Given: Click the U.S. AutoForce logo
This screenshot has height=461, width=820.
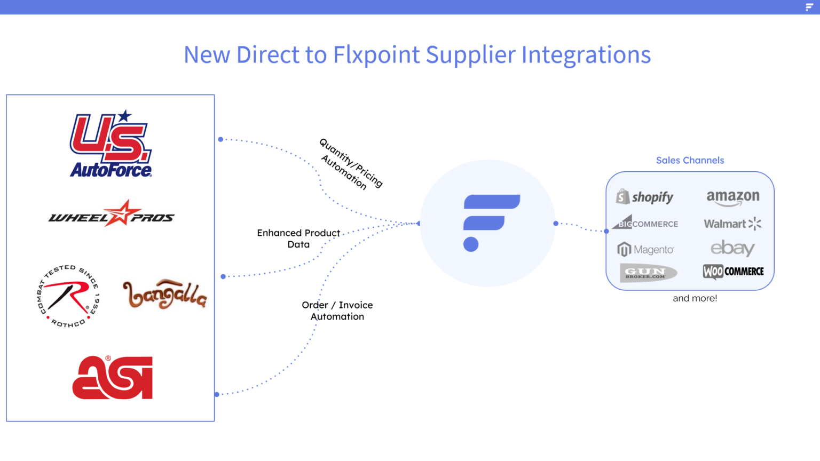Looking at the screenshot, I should [x=111, y=144].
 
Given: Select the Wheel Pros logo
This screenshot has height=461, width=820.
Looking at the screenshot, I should [x=112, y=214].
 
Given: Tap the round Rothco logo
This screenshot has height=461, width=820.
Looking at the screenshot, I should [x=68, y=296].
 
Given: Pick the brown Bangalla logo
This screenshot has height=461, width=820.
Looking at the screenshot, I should [x=164, y=294].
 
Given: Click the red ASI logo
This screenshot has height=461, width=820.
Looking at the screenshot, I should [x=113, y=378].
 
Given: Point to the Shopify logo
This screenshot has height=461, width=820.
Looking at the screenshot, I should [x=645, y=197].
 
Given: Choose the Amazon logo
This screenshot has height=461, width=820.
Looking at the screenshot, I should [x=733, y=197].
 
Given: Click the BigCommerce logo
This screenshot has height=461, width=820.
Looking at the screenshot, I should [x=645, y=223].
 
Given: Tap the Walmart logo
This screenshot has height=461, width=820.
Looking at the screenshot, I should [x=732, y=224].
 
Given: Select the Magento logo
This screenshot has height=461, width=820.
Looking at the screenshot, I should [x=645, y=249].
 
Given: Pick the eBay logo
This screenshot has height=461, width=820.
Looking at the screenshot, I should [x=732, y=248].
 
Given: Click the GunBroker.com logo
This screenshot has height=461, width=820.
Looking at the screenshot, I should [x=648, y=273].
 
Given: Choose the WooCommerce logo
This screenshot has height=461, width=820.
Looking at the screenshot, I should [x=733, y=272].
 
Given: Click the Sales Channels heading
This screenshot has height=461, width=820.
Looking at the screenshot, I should [x=690, y=160].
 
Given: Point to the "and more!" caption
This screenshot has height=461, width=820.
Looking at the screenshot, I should [x=695, y=298].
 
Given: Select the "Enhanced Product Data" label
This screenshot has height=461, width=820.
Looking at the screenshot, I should [x=298, y=239].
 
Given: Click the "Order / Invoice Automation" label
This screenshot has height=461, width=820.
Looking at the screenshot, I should [x=337, y=311].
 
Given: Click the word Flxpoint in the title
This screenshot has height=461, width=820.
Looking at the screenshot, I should [x=376, y=54].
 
